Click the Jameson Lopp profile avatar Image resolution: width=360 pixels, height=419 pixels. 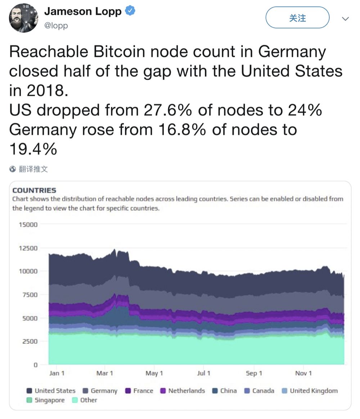point(23,18)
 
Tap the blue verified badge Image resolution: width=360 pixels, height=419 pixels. point(130,12)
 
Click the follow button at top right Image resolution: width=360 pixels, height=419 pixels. point(297,18)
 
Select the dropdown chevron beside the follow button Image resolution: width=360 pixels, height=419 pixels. point(345,19)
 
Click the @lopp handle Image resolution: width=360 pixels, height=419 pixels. point(56,26)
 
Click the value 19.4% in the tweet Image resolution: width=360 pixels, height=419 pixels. point(33,149)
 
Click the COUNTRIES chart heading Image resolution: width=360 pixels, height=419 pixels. point(34,190)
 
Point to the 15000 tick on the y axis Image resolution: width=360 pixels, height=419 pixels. point(28,225)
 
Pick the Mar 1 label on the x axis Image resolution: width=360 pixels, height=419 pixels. point(104,373)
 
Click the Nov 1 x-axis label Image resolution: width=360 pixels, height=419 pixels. point(303,373)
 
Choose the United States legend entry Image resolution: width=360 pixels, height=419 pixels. point(51,391)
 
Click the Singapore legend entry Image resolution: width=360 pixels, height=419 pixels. point(46,400)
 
